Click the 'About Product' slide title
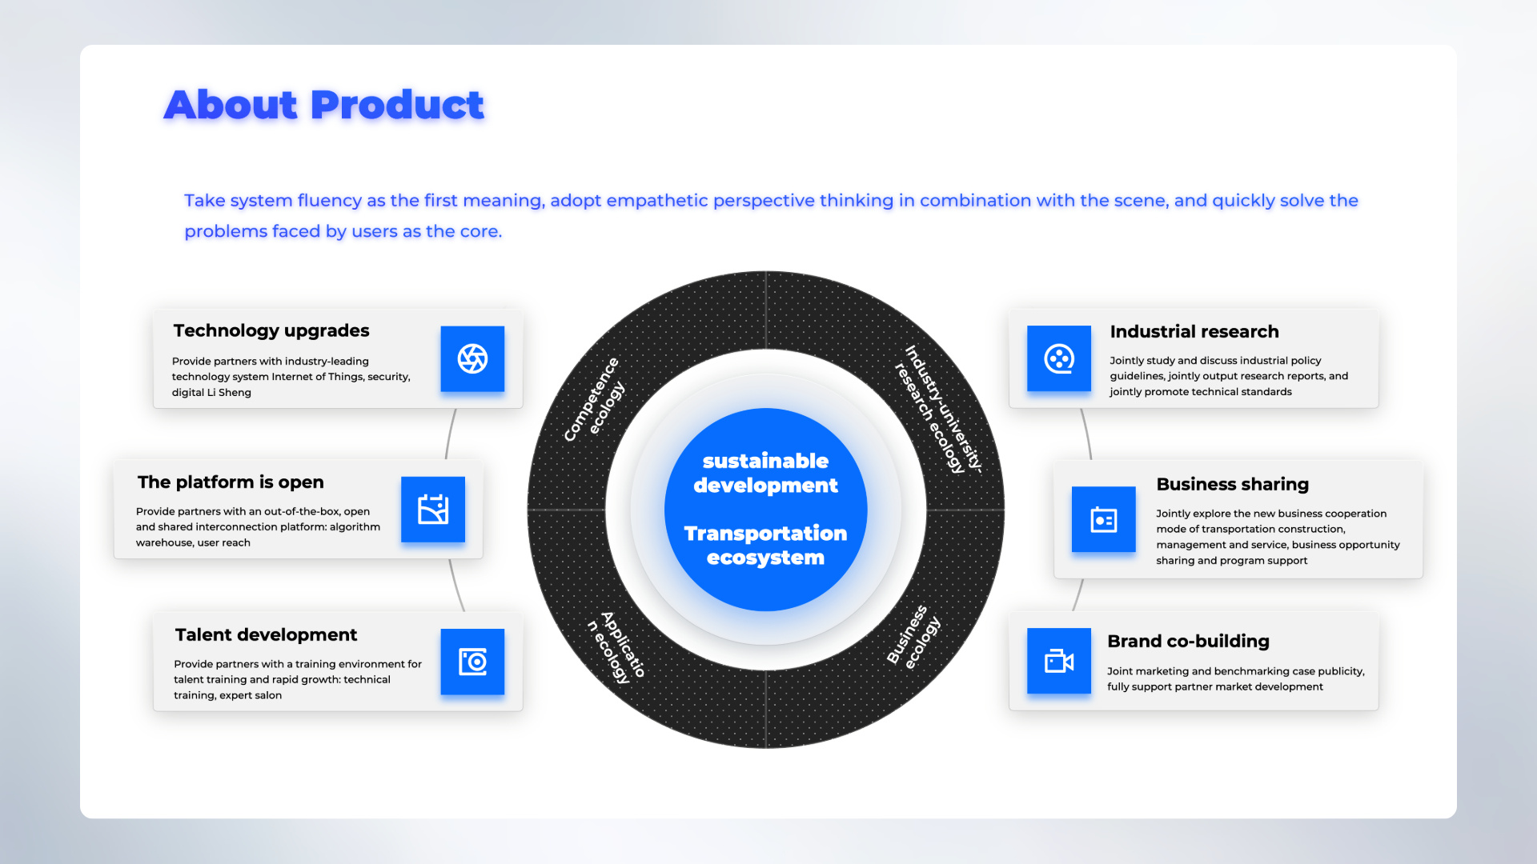pos(323,105)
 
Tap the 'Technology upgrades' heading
pos(271,330)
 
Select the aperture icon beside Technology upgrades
pos(472,358)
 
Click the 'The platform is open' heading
pos(231,482)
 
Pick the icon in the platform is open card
pos(432,510)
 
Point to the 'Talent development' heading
pos(266,634)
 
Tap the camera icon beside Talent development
pos(472,662)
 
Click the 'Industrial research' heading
pos(1194,331)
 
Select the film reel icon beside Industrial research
pos(1058,358)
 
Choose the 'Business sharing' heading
pos(1233,484)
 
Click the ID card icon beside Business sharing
pos(1103,520)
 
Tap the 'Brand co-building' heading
pos(1188,641)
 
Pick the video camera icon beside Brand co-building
pos(1058,661)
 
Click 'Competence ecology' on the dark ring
pos(594,399)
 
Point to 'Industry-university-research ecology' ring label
pos(938,410)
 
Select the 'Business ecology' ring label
pos(913,637)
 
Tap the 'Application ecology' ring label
pos(616,646)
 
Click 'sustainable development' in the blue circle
pos(765,473)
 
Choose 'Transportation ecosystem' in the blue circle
pos(765,545)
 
